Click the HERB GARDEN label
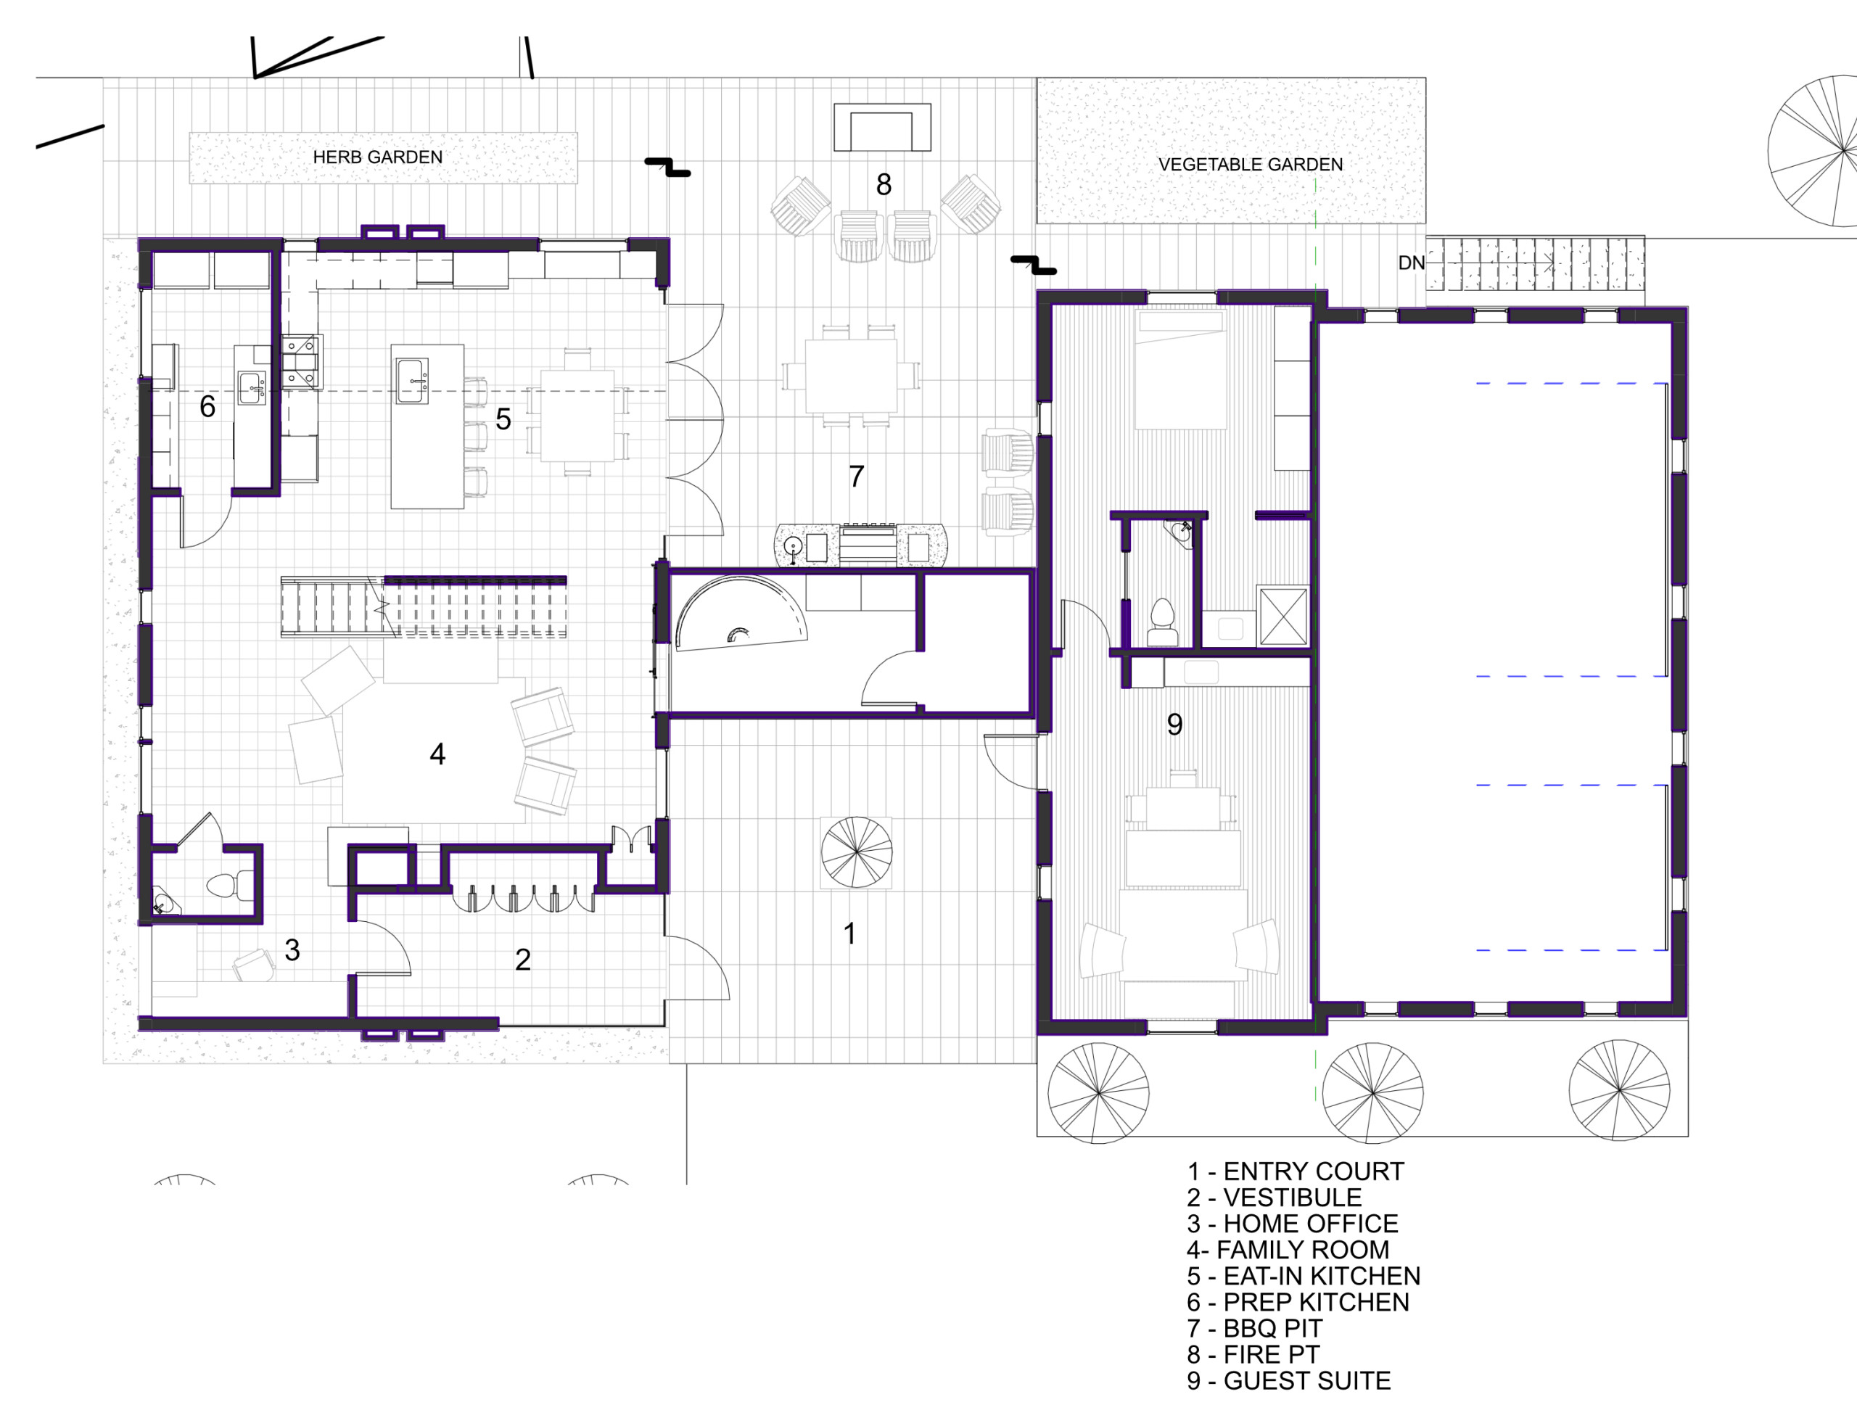pos(378,157)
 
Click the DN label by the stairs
pos(1412,263)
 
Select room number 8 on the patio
pos(884,184)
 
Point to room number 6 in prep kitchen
pos(207,407)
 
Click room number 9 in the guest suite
pos(1174,724)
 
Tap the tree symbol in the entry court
pos(857,852)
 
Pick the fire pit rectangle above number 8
pos(882,128)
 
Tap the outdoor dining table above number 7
pos(850,376)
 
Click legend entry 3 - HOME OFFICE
pos(1293,1223)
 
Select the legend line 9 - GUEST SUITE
pos(1288,1381)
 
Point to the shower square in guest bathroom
pos(1282,617)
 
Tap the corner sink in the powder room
pos(164,902)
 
